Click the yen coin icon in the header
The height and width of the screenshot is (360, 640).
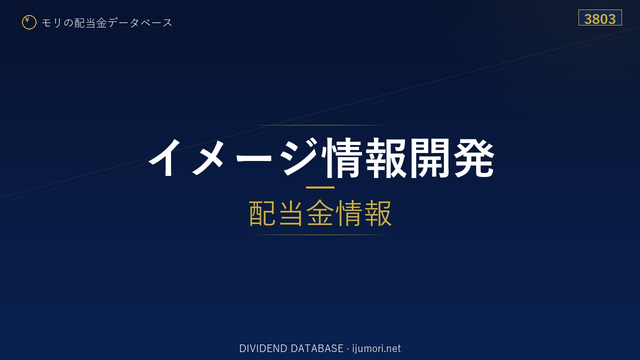pos(29,22)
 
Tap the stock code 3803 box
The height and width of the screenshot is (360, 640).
pos(600,17)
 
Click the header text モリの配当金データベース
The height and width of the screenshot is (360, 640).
pos(107,22)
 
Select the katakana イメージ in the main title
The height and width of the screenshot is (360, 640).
pos(233,157)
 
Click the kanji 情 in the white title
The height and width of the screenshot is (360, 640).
pos(341,157)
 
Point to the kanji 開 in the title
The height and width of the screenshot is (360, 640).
pos(429,157)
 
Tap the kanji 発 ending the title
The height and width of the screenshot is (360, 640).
pos(473,157)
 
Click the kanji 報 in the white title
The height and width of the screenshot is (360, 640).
pos(385,157)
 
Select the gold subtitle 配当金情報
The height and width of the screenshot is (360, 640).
pos(320,213)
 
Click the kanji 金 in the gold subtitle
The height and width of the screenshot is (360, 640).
pos(320,213)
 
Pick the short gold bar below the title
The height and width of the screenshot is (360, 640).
pos(320,187)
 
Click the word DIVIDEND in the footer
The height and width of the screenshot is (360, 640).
pos(263,348)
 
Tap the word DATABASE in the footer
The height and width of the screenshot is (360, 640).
pos(317,348)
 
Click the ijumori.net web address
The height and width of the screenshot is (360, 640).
pos(376,349)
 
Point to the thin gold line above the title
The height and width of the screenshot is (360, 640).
pos(320,125)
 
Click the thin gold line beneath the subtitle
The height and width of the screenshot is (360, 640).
pos(320,234)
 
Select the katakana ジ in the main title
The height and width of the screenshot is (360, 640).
pos(300,157)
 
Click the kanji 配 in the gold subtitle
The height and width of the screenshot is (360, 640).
pos(262,213)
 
